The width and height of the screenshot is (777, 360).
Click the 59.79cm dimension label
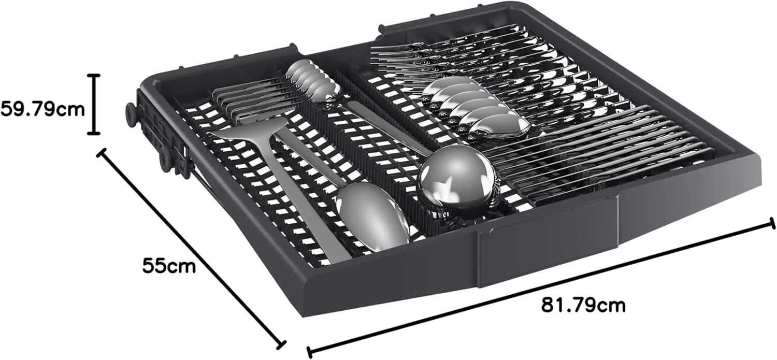(42, 109)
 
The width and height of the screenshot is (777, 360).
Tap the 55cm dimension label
(169, 266)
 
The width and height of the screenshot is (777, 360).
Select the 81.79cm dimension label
(583, 305)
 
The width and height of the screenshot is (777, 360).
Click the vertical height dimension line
(93, 104)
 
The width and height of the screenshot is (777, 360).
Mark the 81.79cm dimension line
(541, 292)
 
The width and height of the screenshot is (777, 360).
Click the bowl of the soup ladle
(456, 180)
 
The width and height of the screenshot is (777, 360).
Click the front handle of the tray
(548, 239)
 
